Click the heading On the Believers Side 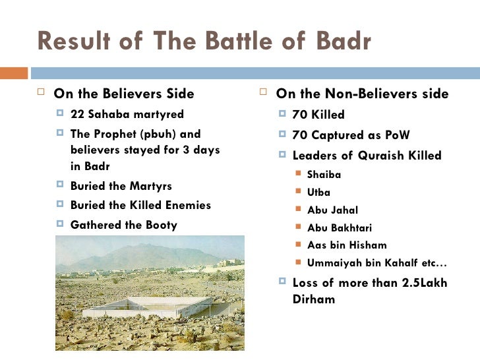pyautogui.click(x=124, y=94)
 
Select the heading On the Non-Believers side pyautogui.click(x=362, y=94)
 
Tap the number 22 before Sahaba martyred pyautogui.click(x=78, y=114)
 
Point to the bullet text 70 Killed pyautogui.click(x=318, y=115)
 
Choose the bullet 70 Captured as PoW pyautogui.click(x=351, y=135)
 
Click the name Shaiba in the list pyautogui.click(x=324, y=175)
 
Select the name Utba pyautogui.click(x=318, y=193)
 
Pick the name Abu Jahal pyautogui.click(x=332, y=210)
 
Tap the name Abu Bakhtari pyautogui.click(x=339, y=228)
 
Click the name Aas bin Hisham pyautogui.click(x=347, y=245)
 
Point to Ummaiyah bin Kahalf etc pyautogui.click(x=376, y=263)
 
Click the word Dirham pyautogui.click(x=313, y=299)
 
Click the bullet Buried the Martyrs pyautogui.click(x=121, y=186)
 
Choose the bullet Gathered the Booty pyautogui.click(x=124, y=225)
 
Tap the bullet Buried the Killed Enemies pyautogui.click(x=140, y=205)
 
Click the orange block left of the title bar pyautogui.click(x=14, y=73)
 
